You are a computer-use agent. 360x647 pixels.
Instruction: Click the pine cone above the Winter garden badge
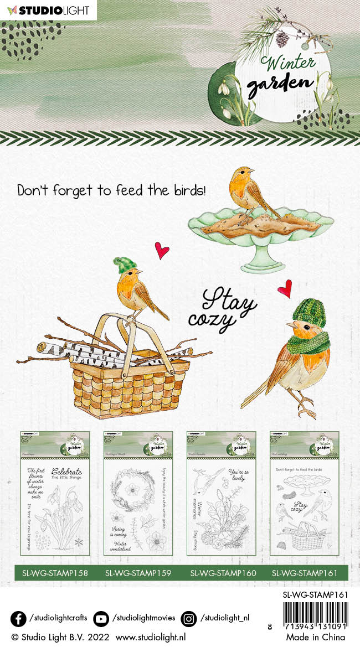282,38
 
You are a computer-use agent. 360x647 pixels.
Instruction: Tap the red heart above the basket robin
161,250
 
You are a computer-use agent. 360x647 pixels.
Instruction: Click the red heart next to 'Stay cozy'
285,288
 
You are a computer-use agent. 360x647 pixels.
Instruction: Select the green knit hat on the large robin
309,312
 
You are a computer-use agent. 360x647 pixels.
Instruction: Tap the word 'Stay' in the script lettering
228,301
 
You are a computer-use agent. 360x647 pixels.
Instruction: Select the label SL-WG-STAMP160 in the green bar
223,573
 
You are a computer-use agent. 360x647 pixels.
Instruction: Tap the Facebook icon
18,618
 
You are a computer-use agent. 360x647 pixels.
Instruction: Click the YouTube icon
101,618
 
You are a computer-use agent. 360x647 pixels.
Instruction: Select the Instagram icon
189,618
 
